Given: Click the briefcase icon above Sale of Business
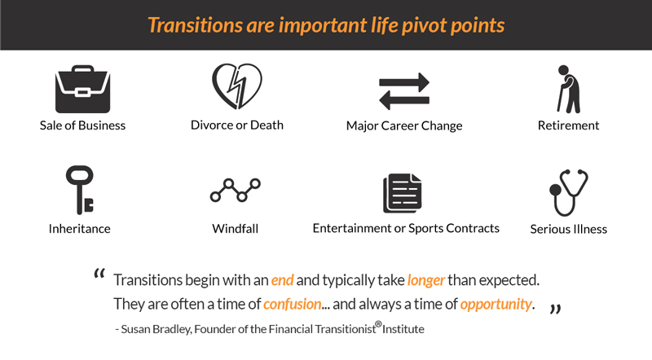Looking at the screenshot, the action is tap(83, 89).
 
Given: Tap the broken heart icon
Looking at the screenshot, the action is tap(237, 86).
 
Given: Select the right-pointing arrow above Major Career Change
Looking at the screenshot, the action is tap(404, 82).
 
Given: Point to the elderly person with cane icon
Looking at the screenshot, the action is tap(568, 89).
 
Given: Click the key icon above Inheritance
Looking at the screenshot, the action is tap(79, 190).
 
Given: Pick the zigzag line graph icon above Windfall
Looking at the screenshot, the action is tap(236, 191).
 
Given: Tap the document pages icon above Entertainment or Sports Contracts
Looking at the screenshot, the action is tap(402, 193).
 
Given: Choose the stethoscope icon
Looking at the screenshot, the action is tap(568, 192).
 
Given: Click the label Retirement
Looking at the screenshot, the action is tap(568, 125).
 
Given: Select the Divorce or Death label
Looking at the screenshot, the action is tap(237, 125).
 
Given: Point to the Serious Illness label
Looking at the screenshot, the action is tap(568, 229).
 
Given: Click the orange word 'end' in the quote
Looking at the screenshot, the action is tap(282, 280).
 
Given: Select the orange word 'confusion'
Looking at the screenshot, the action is tap(293, 305).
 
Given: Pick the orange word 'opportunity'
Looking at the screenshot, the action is tap(496, 305).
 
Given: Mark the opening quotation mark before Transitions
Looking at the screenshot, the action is tap(99, 274).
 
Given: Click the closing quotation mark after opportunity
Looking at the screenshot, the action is tap(556, 309).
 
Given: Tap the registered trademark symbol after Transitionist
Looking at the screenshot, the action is tap(378, 324).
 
